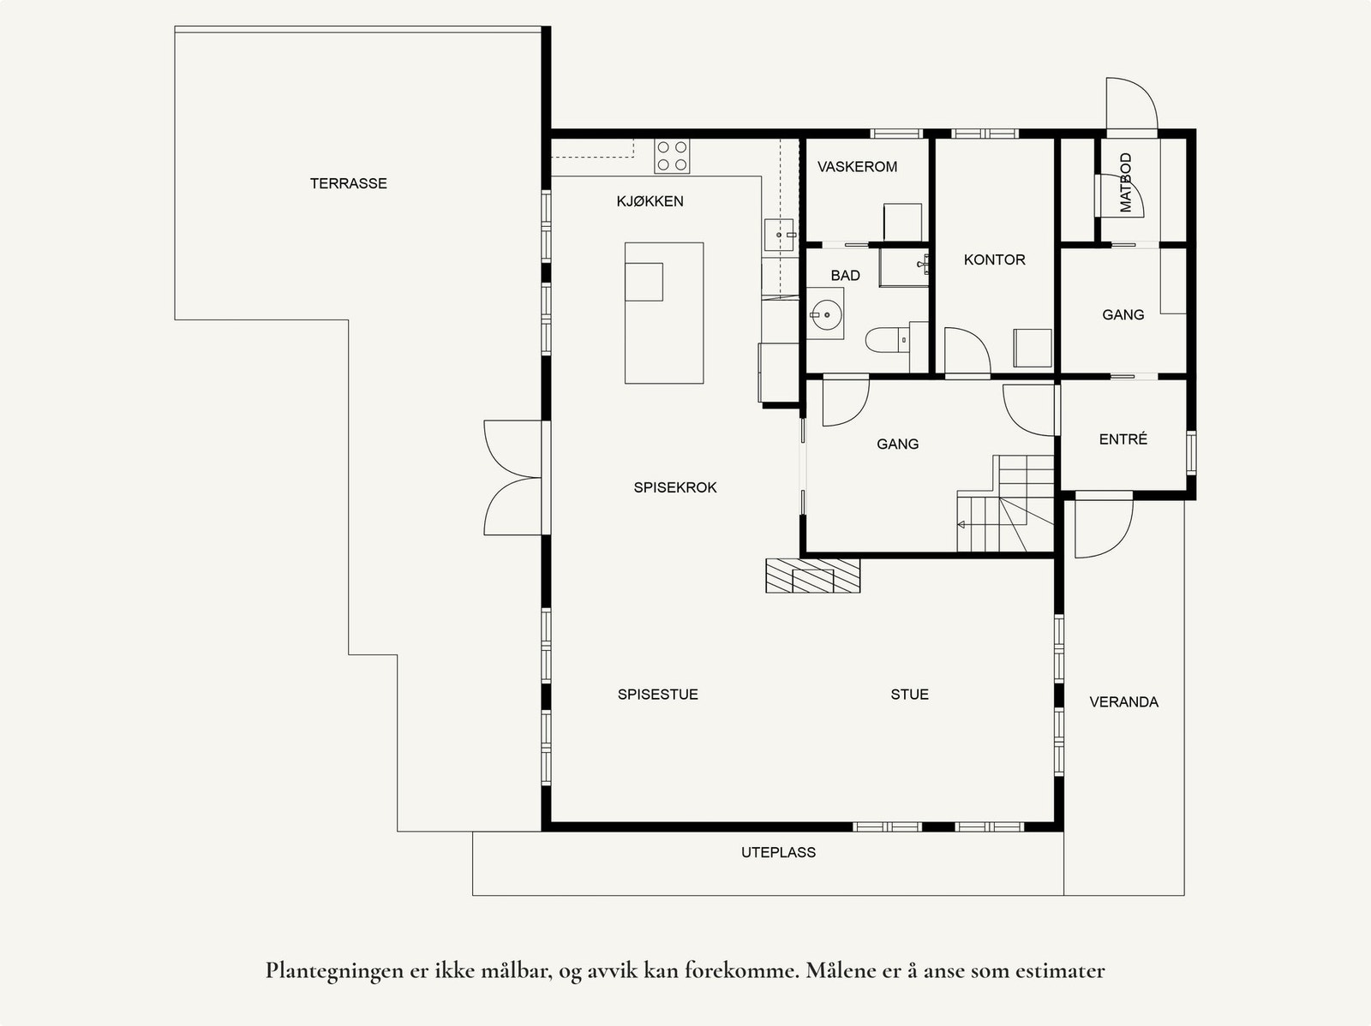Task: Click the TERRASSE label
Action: pos(349,183)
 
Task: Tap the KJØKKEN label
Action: pos(650,201)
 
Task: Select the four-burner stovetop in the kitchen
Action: pos(672,156)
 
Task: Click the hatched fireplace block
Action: pos(812,576)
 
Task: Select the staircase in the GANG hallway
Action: pos(1006,504)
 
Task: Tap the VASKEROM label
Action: pos(857,167)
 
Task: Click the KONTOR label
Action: pos(994,259)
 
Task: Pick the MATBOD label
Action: pos(1126,183)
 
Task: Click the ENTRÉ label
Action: pos(1123,438)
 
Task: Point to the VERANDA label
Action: pos(1123,702)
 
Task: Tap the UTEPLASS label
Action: pos(778,852)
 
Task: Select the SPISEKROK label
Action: pos(675,487)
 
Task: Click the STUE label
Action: pos(909,695)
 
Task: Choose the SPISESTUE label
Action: pos(658,695)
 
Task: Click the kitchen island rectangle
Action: pos(664,313)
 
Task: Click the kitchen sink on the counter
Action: pos(779,235)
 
